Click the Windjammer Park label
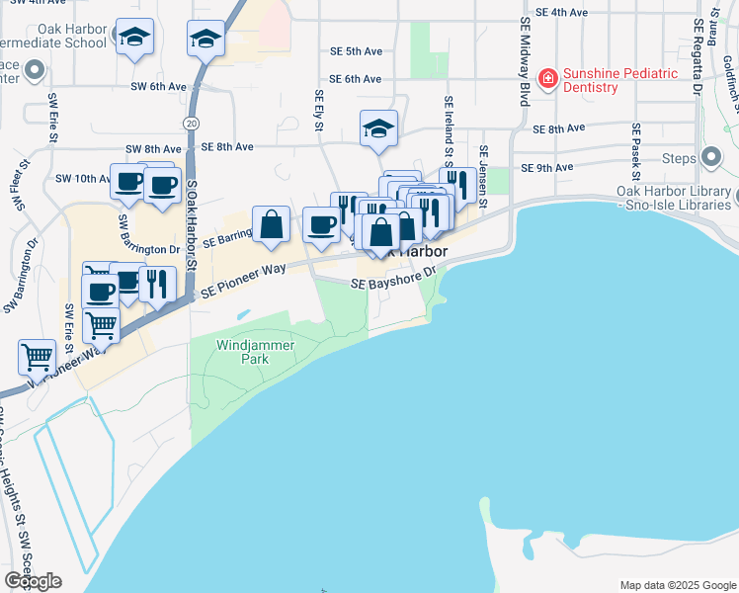242,352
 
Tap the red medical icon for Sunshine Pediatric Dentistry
544,77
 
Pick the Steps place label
679,158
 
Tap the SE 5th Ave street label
356,50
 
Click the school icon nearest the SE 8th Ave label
377,128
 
